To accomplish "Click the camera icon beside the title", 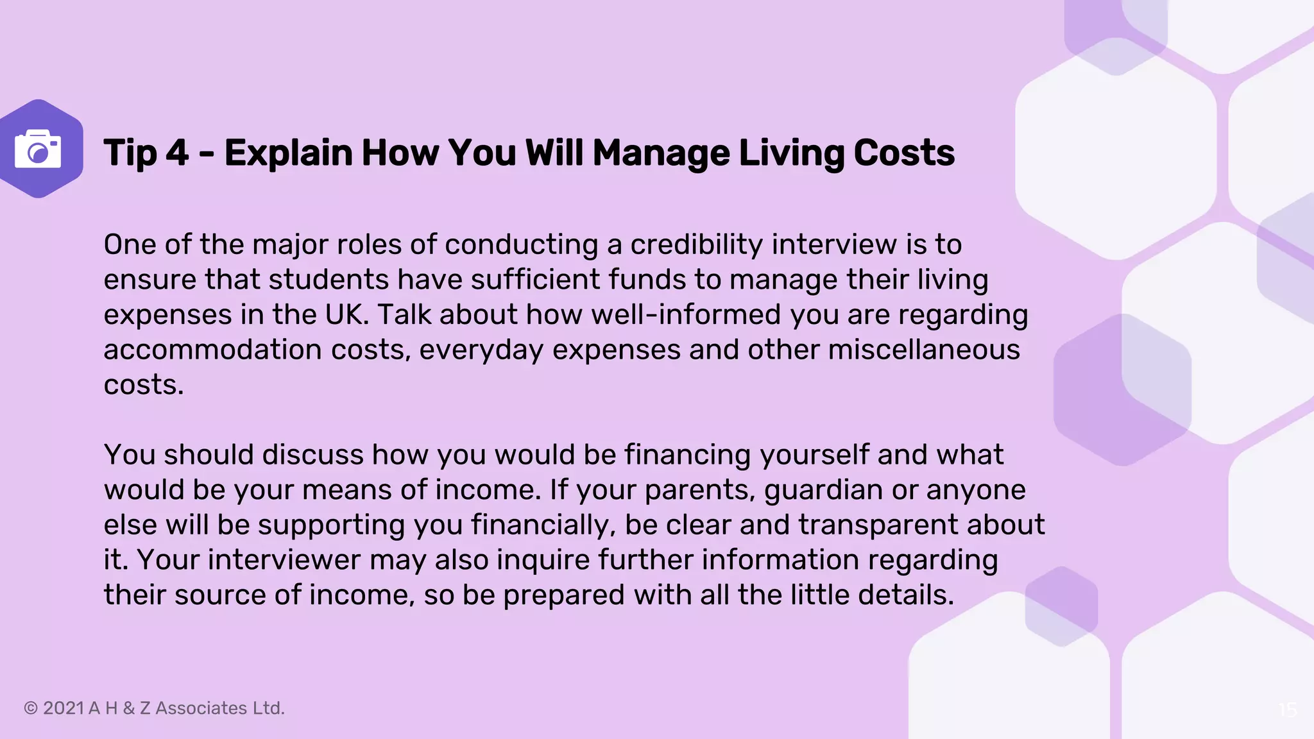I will (x=38, y=149).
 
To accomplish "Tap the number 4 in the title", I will (x=177, y=153).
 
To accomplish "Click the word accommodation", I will (x=212, y=350).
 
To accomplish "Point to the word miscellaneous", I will (x=924, y=350).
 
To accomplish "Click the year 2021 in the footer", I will (x=64, y=708).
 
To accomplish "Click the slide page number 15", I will (x=1287, y=709).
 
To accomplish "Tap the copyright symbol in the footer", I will (x=30, y=708).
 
